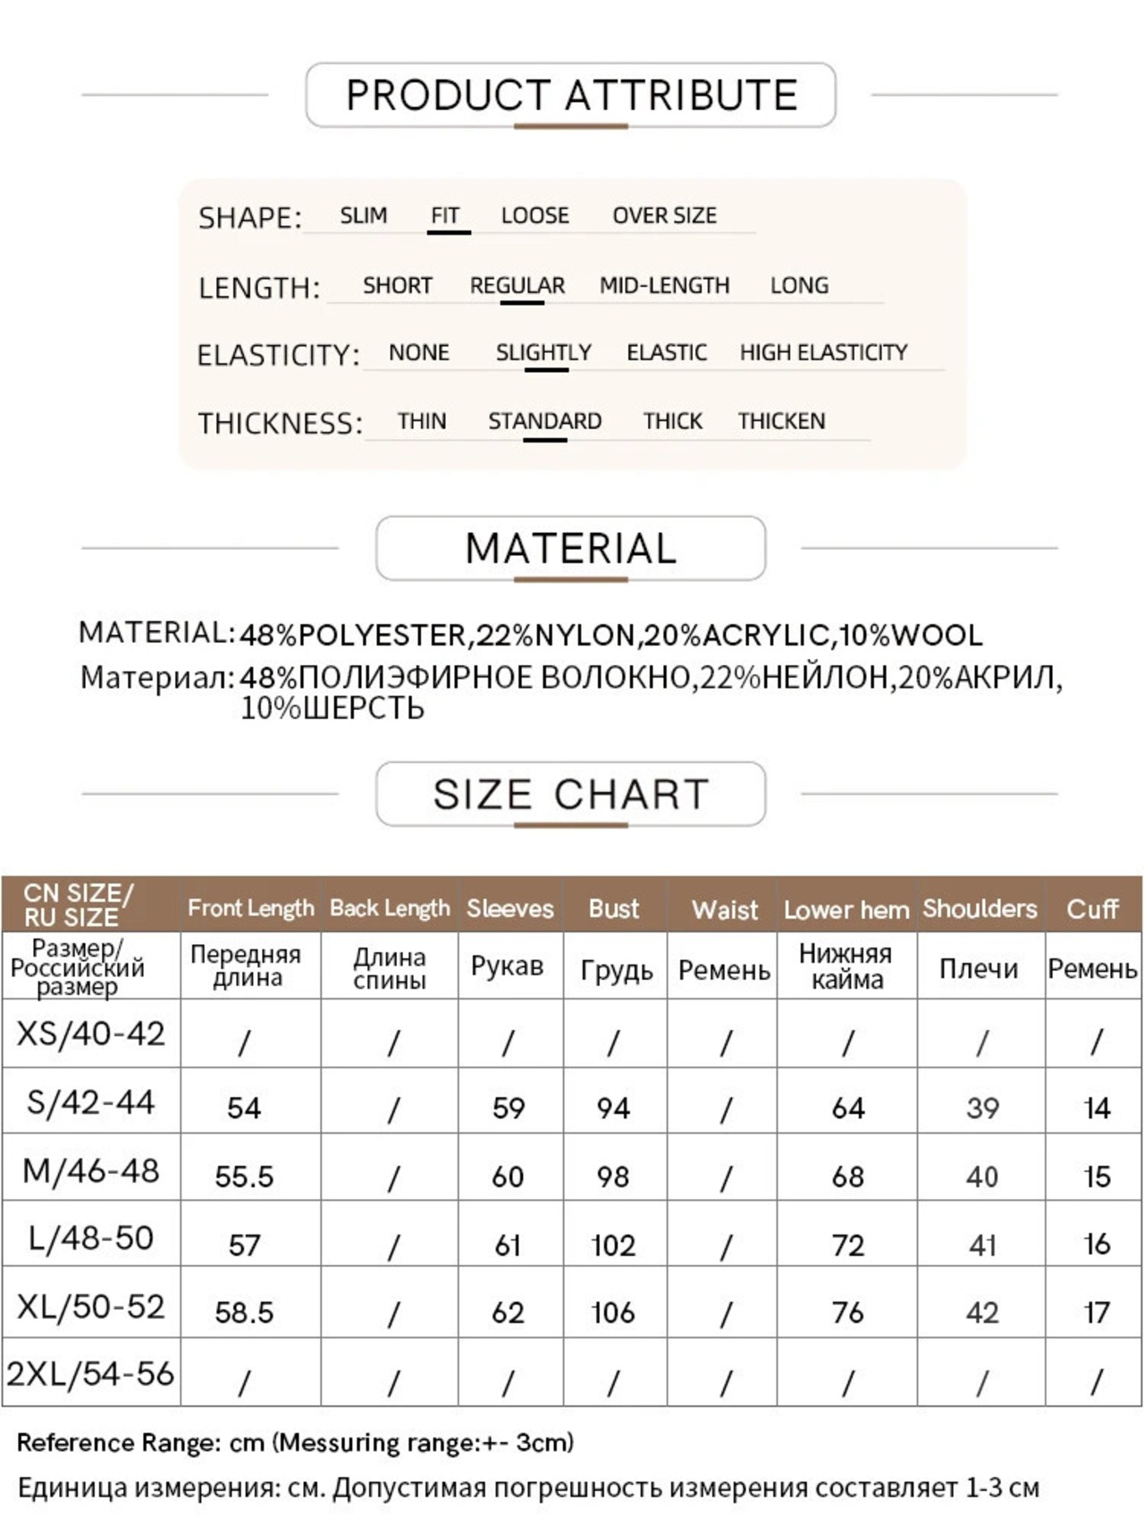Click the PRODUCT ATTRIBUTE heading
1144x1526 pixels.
[x=571, y=95]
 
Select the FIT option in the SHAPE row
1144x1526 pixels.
[x=445, y=215]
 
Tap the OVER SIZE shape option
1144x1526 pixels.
[x=664, y=215]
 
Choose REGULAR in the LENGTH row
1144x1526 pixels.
[x=517, y=285]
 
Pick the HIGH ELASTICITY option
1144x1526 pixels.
[x=823, y=352]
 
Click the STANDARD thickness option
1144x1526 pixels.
[x=544, y=421]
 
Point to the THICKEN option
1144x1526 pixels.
[x=781, y=421]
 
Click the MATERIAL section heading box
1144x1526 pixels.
[x=571, y=548]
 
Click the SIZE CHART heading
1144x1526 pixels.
[x=571, y=794]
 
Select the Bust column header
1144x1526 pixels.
[x=614, y=908]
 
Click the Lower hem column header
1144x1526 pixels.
[x=846, y=909]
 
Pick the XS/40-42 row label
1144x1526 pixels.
[x=91, y=1033]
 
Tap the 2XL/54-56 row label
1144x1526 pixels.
[x=91, y=1373]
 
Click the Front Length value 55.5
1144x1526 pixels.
[x=244, y=1176]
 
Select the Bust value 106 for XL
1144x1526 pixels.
[x=613, y=1312]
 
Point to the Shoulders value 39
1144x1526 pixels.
[x=982, y=1109]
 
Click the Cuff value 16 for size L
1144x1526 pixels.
[x=1097, y=1244]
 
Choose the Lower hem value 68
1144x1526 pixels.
[x=847, y=1176]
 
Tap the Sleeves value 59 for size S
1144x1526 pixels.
[x=509, y=1109]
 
